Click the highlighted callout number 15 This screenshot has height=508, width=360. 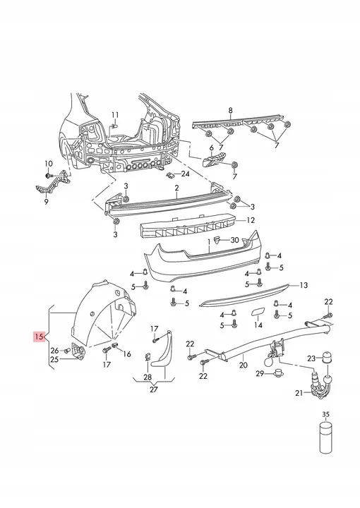click(x=38, y=337)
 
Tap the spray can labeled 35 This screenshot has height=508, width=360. click(x=325, y=437)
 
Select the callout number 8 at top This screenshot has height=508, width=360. click(x=230, y=111)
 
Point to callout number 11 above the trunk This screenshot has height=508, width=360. click(x=115, y=115)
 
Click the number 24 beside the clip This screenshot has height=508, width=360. click(x=185, y=174)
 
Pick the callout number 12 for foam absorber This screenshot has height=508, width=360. click(x=251, y=220)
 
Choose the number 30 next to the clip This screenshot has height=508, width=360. click(x=234, y=240)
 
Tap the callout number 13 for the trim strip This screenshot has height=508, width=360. click(x=304, y=285)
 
